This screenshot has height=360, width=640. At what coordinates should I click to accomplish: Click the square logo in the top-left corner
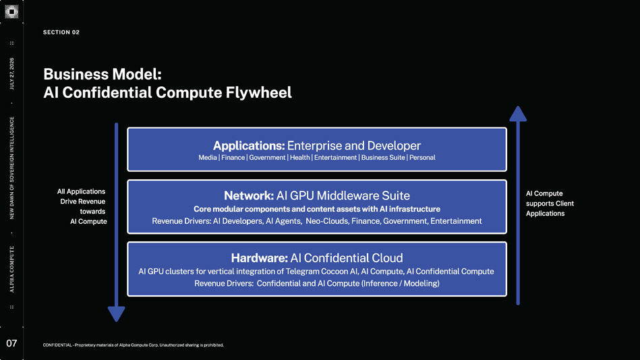(11, 11)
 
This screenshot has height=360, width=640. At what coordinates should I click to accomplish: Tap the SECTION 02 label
(61, 32)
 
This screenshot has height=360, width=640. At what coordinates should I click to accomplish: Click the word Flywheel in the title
(259, 92)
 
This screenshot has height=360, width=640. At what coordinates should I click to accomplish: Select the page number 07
(11, 343)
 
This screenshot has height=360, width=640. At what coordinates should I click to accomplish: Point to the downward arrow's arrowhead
(116, 314)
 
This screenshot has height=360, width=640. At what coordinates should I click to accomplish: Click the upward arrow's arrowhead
(518, 114)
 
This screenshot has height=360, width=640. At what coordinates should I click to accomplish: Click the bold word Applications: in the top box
(249, 146)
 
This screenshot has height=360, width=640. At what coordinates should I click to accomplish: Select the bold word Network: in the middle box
(249, 196)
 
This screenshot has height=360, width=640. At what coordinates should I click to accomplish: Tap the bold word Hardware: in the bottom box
(260, 258)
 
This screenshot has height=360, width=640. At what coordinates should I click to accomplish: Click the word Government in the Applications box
(267, 158)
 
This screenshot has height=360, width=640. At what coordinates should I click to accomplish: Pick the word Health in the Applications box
(299, 158)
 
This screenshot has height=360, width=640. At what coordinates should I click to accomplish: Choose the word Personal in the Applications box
(422, 158)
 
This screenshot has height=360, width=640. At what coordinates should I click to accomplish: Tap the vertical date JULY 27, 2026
(11, 74)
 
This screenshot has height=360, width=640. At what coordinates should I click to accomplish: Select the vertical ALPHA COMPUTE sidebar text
(11, 270)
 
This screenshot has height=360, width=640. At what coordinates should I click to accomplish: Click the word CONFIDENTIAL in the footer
(57, 345)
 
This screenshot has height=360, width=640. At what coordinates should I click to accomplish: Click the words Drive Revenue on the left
(83, 201)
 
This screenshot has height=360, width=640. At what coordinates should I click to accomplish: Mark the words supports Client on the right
(550, 204)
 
